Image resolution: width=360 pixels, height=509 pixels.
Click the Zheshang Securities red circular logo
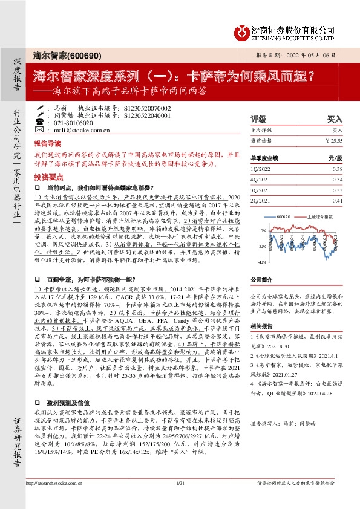click(242, 31)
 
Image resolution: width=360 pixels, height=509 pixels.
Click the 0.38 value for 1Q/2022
click(337, 169)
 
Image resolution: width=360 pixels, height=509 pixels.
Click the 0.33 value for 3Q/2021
click(337, 190)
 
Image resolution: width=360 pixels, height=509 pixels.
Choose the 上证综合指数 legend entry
click(315, 216)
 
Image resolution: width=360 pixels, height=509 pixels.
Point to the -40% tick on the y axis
click(261, 262)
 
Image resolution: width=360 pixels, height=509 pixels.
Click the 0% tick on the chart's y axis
click(263, 230)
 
